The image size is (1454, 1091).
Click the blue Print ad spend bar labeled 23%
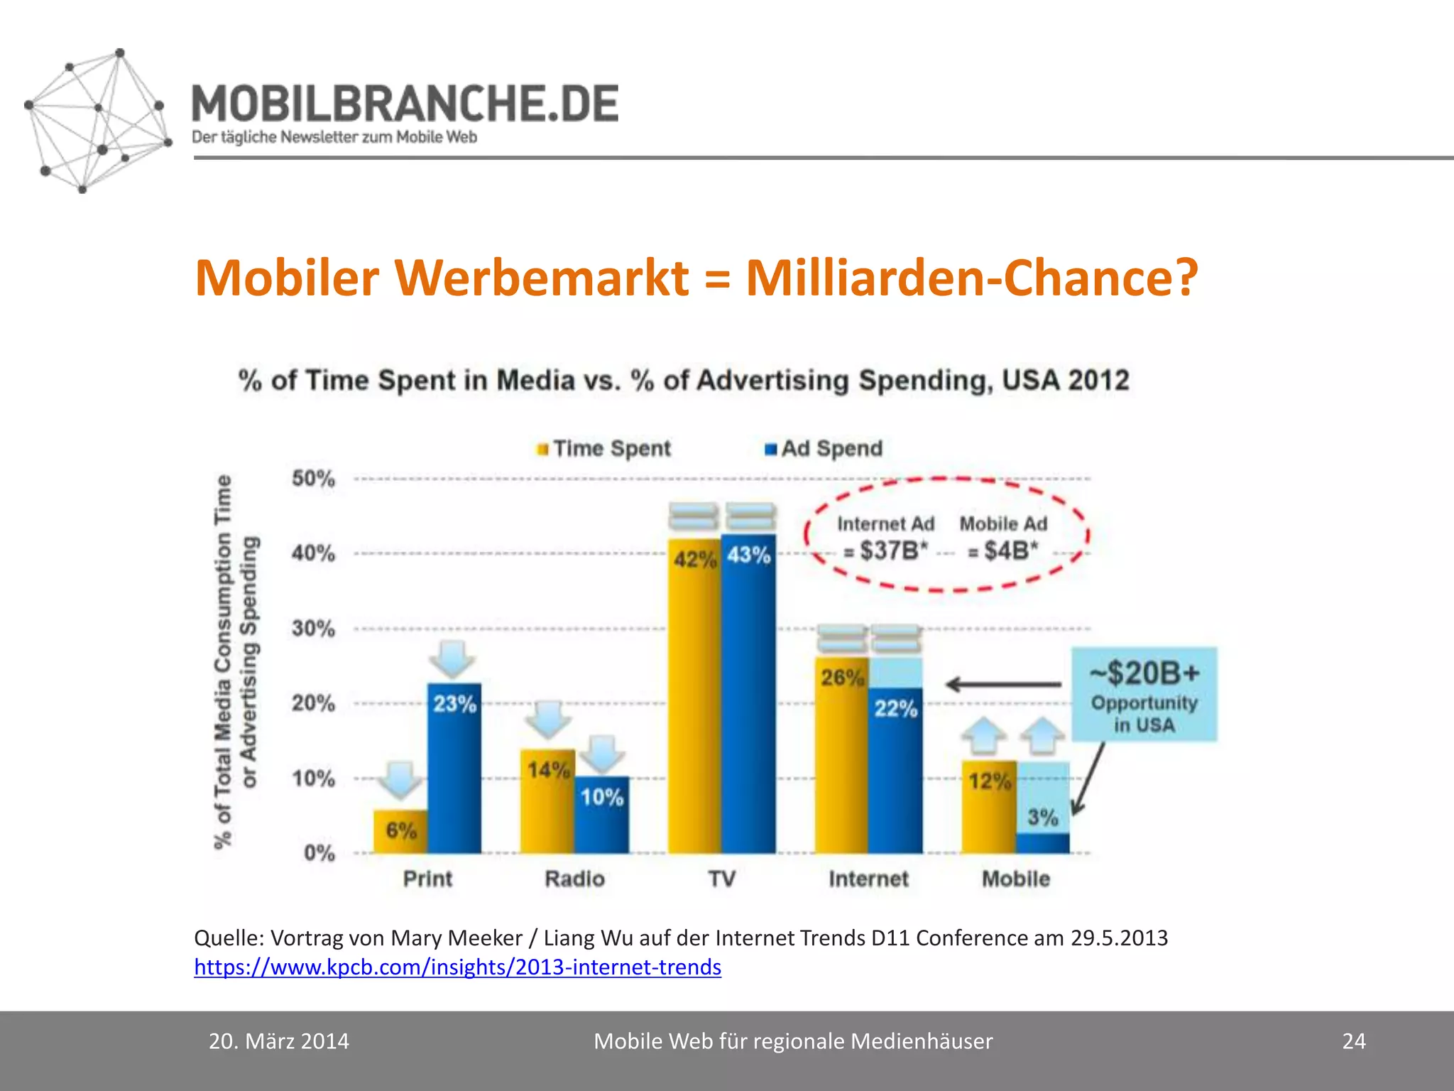click(454, 767)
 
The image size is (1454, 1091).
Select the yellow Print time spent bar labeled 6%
click(401, 831)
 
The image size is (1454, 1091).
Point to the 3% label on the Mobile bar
click(1042, 817)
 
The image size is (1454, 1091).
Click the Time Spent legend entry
click(603, 449)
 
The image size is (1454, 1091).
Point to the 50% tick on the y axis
click(313, 478)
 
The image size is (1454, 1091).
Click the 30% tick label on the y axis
click(313, 628)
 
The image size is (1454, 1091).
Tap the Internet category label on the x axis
click(868, 879)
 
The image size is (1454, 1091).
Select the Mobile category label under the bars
click(1015, 879)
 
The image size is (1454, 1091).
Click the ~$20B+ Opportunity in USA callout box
click(1144, 694)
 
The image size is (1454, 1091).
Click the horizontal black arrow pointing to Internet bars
click(1003, 685)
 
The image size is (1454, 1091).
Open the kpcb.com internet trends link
click(457, 967)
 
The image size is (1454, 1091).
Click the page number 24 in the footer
click(1353, 1041)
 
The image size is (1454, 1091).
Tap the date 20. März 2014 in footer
click(278, 1041)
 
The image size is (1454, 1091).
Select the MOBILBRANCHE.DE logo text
click(405, 104)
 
